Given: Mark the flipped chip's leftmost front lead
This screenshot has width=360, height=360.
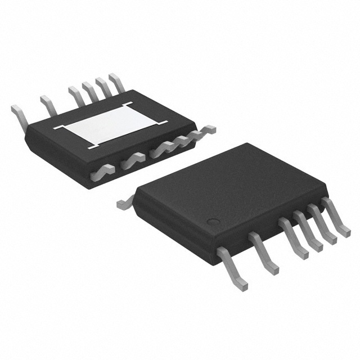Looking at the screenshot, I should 103,170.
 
